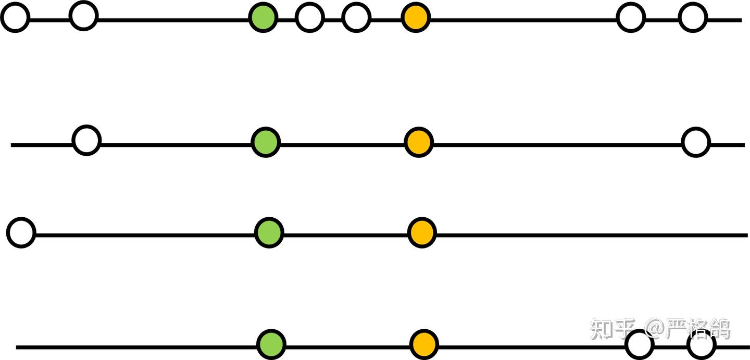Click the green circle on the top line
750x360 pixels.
[263, 17]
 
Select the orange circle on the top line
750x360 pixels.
[416, 17]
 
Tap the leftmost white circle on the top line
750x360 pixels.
[15, 17]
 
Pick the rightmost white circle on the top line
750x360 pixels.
[693, 17]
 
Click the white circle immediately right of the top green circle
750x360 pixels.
[309, 17]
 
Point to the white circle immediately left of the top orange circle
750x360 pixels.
[357, 17]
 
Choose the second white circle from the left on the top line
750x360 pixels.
[83, 16]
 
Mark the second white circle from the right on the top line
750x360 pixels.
[631, 17]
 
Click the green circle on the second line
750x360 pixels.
[266, 142]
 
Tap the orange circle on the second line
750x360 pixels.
[419, 142]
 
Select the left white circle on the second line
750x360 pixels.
[86, 140]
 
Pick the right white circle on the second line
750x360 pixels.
[696, 142]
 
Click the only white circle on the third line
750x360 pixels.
[21, 232]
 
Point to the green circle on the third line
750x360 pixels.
[269, 232]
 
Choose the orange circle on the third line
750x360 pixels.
[421, 232]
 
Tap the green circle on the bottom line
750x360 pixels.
[271, 344]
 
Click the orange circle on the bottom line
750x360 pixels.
[424, 344]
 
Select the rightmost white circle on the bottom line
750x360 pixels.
[701, 344]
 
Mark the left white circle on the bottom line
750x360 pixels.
[639, 344]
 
